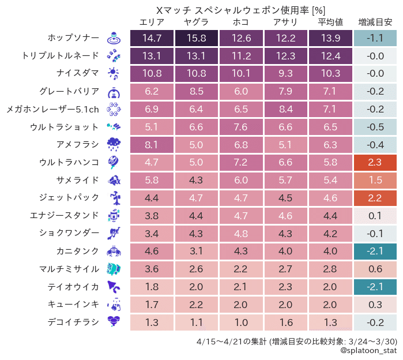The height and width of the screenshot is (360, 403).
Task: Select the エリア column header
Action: click(152, 22)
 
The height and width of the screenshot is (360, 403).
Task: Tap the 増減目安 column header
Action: click(375, 22)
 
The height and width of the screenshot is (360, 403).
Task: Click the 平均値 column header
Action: click(330, 22)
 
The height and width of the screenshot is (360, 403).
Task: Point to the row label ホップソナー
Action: click(74, 39)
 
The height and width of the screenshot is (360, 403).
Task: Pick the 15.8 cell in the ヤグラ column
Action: click(197, 39)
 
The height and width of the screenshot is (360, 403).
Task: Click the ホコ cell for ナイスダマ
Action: click(241, 74)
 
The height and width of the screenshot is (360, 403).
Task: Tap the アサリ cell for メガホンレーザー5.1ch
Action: click(285, 109)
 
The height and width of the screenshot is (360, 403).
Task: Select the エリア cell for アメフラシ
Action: click(152, 145)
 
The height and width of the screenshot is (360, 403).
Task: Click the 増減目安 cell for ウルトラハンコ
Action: click(375, 163)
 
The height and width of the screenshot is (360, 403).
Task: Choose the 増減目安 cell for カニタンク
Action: click(375, 252)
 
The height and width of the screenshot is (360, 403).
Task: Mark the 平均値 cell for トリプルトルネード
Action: click(330, 56)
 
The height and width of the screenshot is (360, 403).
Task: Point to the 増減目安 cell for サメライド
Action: click(375, 180)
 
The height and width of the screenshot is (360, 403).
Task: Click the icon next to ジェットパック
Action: click(114, 198)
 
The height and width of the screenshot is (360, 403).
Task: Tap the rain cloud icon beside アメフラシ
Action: click(114, 145)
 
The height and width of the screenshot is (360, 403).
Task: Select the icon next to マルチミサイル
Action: click(114, 269)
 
